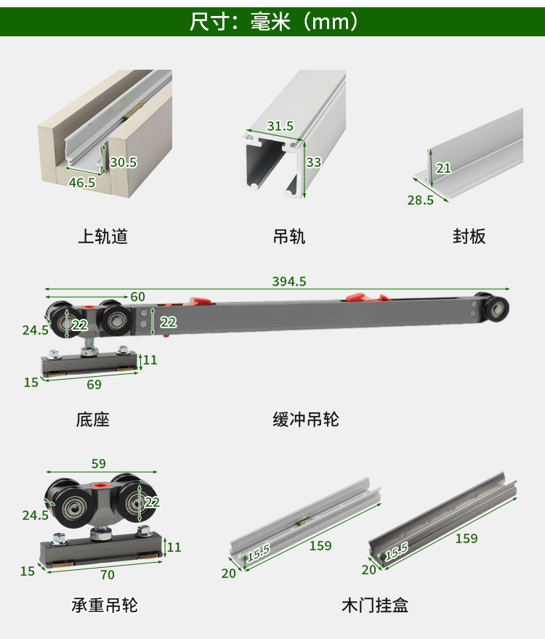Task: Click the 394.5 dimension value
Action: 288,281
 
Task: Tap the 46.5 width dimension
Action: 81,183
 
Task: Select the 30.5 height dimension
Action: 124,162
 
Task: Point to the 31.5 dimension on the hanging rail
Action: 280,126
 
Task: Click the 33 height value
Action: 313,163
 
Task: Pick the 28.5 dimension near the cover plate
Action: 420,200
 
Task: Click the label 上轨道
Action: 102,237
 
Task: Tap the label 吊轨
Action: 288,237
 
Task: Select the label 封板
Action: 469,237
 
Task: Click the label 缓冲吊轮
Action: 306,420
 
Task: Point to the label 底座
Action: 92,420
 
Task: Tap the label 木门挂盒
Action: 374,605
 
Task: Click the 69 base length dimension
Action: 94,385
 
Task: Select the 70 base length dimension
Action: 107,575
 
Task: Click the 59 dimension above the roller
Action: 98,463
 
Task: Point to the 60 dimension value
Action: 137,296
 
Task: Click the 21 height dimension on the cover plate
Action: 443,168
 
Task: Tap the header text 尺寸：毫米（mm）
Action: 273,22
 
